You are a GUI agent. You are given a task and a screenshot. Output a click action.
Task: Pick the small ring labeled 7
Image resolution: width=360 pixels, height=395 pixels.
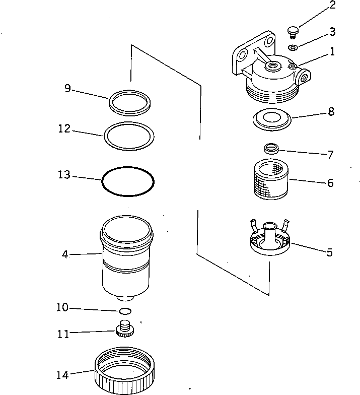[272, 148]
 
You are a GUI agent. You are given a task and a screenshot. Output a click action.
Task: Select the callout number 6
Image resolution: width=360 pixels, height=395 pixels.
[330, 183]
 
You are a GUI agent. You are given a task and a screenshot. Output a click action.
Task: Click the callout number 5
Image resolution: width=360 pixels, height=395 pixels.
[329, 252]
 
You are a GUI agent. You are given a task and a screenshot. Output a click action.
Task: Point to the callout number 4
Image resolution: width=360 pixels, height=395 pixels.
[65, 254]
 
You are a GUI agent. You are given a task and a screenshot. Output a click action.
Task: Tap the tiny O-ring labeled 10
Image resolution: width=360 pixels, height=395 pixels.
[126, 311]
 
